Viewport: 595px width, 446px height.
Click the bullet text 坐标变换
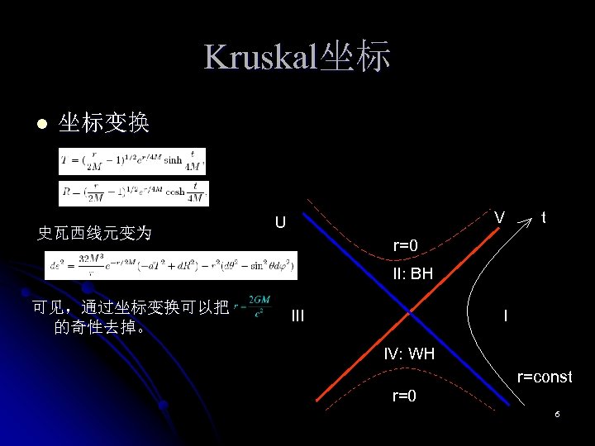103,124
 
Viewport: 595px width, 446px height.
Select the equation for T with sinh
132,161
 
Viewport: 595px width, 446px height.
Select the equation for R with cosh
133,192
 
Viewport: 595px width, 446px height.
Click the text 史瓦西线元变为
95,233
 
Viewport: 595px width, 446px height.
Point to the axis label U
281,222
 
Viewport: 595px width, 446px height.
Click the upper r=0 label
405,245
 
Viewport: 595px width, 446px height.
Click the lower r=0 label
404,396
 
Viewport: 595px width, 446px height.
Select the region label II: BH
412,273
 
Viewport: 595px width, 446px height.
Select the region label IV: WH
409,354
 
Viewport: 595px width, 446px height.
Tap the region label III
298,315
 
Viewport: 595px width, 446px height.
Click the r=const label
544,377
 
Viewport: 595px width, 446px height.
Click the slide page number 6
558,413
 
